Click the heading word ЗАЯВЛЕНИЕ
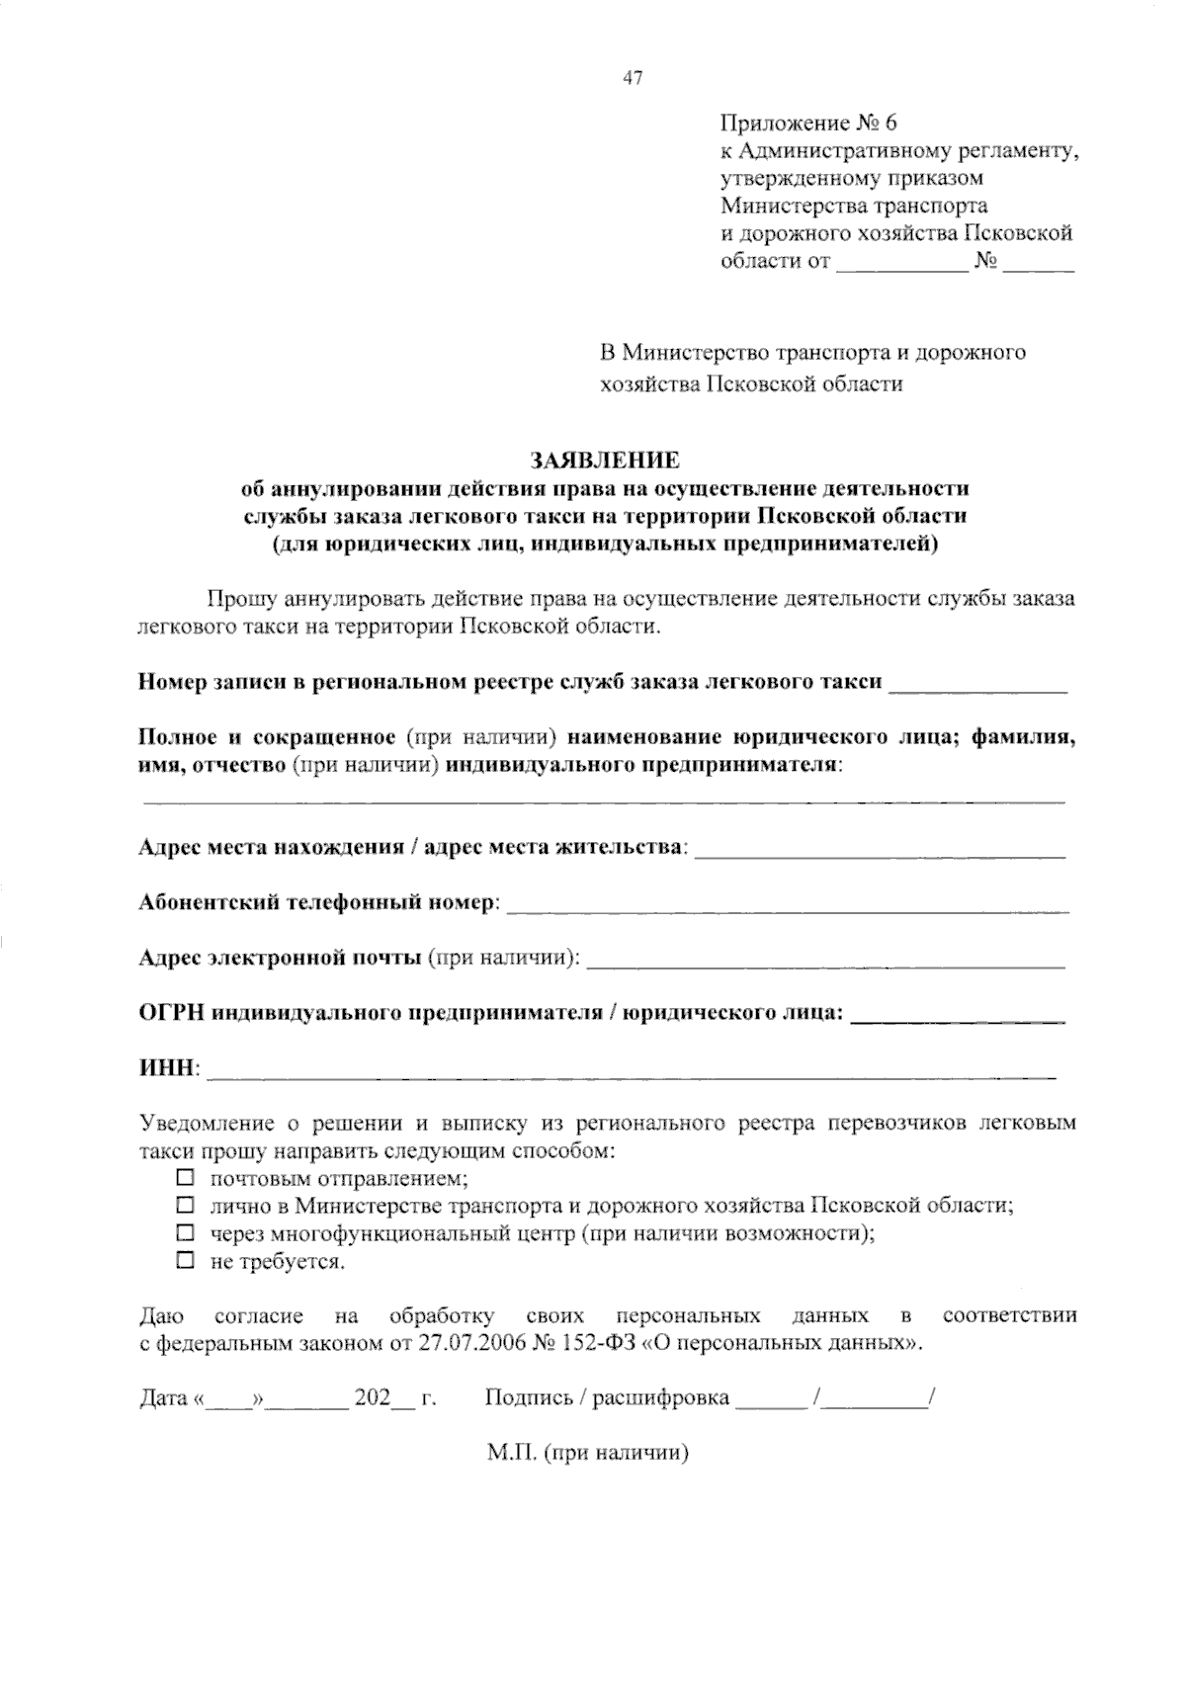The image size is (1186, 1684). pos(605,461)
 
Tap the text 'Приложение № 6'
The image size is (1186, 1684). pos(807,124)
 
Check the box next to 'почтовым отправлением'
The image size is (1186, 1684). pos(184,1178)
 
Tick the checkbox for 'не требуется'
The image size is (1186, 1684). pos(184,1261)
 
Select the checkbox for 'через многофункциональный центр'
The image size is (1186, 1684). pos(184,1233)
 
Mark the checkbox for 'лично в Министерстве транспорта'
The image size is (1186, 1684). pos(184,1206)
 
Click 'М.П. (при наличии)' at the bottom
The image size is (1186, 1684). pos(587,1454)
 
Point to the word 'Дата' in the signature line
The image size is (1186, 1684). pos(163,1398)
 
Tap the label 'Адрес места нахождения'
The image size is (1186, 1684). pos(271,848)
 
